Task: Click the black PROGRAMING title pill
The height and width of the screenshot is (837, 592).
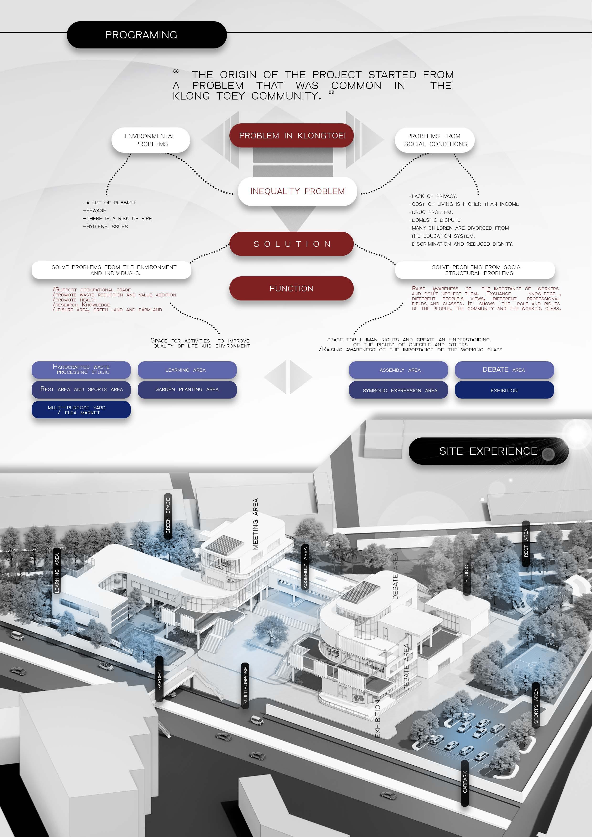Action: [147, 35]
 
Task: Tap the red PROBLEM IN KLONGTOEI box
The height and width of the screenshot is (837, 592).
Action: [292, 136]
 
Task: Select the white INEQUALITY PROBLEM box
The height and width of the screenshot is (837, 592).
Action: [297, 191]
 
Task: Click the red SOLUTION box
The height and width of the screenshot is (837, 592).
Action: [292, 244]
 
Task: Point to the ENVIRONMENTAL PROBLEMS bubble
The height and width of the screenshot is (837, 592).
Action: [151, 140]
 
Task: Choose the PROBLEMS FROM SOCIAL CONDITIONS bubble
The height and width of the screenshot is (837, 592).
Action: [434, 140]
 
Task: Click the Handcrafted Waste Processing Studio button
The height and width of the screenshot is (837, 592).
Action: [81, 370]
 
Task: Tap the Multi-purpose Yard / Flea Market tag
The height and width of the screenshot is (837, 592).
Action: [81, 410]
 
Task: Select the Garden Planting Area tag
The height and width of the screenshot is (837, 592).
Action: [187, 389]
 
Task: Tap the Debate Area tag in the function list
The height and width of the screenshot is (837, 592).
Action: [504, 370]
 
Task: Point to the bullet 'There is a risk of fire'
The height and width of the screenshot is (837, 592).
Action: [117, 218]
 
